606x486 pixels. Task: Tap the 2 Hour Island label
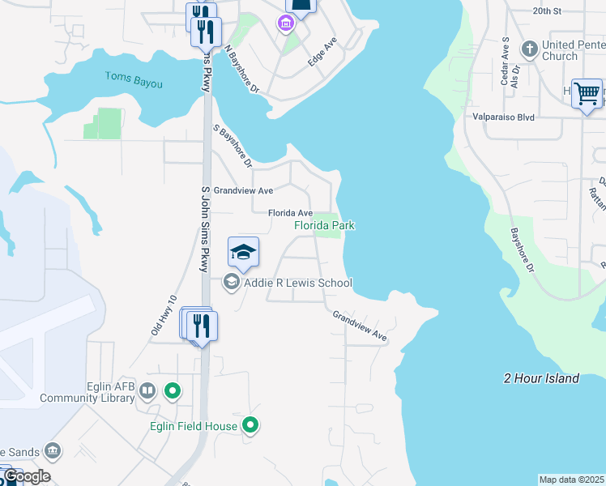[x=541, y=378]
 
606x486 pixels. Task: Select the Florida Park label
[x=324, y=225]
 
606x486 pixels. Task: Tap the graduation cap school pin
[x=243, y=253]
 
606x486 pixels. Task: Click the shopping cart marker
[x=587, y=93]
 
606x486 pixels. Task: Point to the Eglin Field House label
[x=194, y=426]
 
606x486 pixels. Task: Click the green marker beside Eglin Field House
[x=251, y=424]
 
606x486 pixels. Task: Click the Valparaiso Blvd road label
[x=504, y=117]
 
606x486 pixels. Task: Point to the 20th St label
[x=547, y=11]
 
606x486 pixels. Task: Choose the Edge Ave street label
[x=322, y=52]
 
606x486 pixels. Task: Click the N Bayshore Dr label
[x=241, y=68]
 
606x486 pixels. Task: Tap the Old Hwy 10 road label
[x=163, y=315]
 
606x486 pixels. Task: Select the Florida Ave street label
[x=291, y=213]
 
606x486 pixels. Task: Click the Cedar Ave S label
[x=505, y=60]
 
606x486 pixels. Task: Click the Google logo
[x=26, y=476]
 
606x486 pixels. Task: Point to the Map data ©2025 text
[x=572, y=480]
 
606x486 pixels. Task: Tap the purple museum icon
[x=285, y=23]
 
